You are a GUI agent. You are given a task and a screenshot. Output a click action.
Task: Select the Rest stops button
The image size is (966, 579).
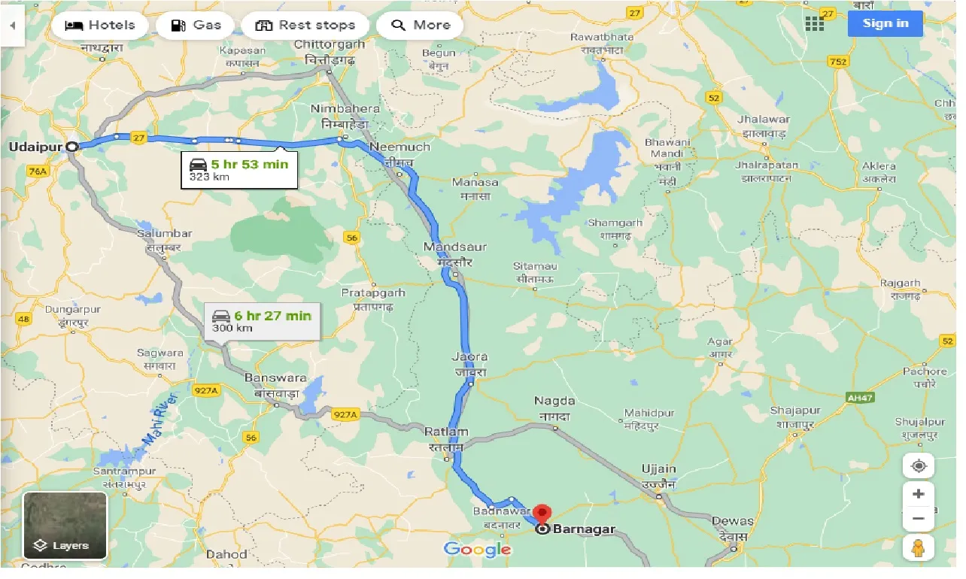pyautogui.click(x=305, y=25)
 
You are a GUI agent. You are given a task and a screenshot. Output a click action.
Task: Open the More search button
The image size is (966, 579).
pyautogui.click(x=419, y=25)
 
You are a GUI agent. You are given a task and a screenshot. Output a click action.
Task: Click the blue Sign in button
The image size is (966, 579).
pyautogui.click(x=885, y=23)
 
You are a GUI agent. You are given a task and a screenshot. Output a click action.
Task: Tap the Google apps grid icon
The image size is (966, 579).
pyautogui.click(x=815, y=23)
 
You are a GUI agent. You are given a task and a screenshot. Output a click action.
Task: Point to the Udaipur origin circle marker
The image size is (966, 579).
pyautogui.click(x=72, y=147)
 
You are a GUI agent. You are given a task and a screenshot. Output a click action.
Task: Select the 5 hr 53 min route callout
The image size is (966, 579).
pyautogui.click(x=239, y=169)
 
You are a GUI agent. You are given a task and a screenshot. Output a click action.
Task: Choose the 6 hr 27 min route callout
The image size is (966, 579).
pyautogui.click(x=262, y=321)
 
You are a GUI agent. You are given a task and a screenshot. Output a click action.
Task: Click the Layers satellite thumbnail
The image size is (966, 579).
pyautogui.click(x=65, y=526)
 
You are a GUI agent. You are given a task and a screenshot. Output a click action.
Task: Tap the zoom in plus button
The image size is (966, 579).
pyautogui.click(x=918, y=495)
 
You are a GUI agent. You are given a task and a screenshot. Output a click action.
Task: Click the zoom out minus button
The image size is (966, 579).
pyautogui.click(x=918, y=519)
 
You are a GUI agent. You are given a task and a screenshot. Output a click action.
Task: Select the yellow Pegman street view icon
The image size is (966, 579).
pyautogui.click(x=918, y=548)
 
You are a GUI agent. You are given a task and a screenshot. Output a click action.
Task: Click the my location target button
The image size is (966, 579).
pyautogui.click(x=918, y=465)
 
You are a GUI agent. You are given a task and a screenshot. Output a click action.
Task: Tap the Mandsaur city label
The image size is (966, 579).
pyautogui.click(x=455, y=247)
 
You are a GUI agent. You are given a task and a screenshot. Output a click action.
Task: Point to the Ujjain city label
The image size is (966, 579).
pyautogui.click(x=658, y=468)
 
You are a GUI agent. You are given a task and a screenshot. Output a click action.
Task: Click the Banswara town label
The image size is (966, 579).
pyautogui.click(x=275, y=377)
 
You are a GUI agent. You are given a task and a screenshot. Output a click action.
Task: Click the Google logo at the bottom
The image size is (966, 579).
pyautogui.click(x=477, y=550)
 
